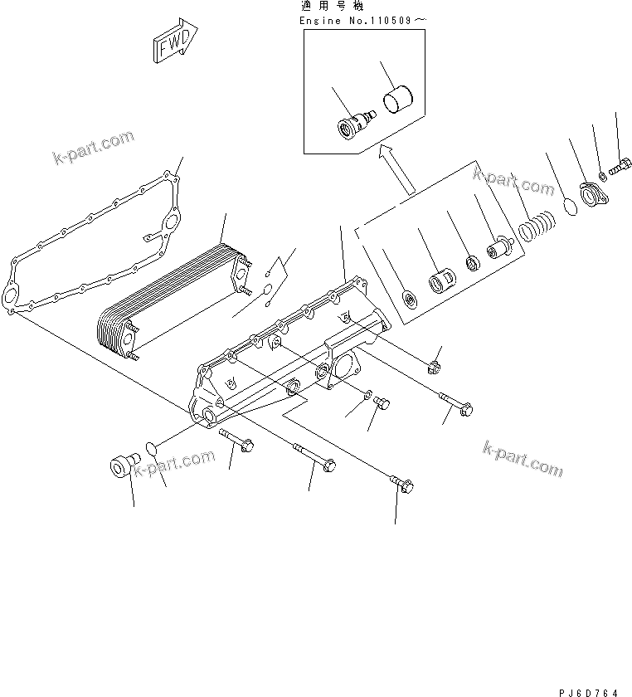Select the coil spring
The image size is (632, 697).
(536, 226)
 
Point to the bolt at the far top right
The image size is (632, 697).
(620, 168)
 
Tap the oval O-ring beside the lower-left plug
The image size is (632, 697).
(152, 449)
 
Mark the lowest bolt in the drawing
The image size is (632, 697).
(401, 485)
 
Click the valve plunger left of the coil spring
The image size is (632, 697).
(502, 246)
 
